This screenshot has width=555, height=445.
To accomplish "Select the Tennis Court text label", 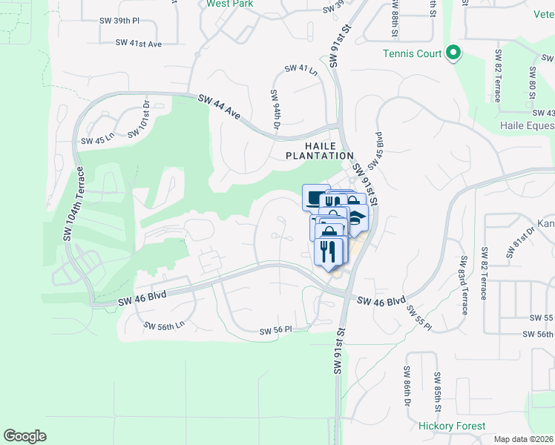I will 413,53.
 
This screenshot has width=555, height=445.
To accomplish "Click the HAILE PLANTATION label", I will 321,151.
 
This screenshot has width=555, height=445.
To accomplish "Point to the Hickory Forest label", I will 452,426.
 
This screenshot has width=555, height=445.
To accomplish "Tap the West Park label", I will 230,4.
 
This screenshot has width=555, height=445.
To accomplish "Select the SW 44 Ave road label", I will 220,108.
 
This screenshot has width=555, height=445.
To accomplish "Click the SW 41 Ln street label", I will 301,70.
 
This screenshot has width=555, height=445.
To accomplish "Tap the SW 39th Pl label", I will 119,20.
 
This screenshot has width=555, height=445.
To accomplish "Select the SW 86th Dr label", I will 407,388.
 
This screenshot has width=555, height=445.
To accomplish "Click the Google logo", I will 24,435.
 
